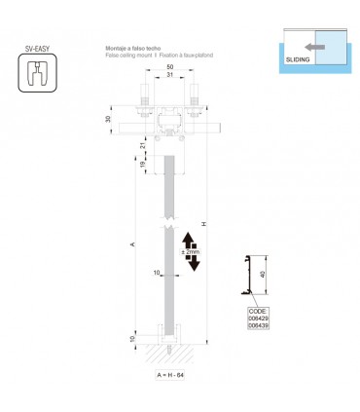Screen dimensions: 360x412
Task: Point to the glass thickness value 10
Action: (x=159, y=274)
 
